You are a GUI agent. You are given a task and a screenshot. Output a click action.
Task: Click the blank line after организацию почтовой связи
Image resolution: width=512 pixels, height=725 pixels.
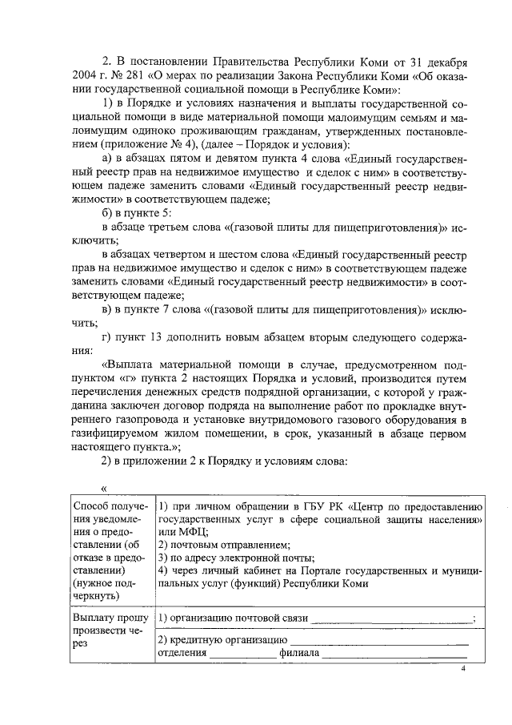pyautogui.click(x=392, y=618)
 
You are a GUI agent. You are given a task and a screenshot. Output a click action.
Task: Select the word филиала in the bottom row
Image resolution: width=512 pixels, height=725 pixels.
pyautogui.click(x=299, y=653)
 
